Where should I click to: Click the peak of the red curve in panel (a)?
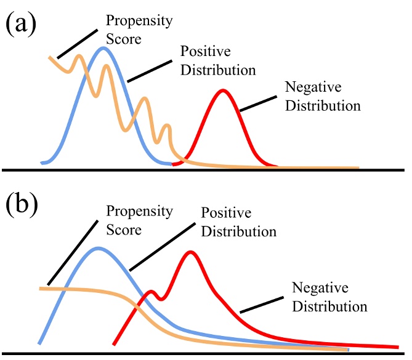[x=223, y=91]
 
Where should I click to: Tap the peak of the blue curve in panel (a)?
[x=103, y=48]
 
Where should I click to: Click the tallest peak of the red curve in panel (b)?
[x=191, y=252]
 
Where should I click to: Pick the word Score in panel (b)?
[x=123, y=231]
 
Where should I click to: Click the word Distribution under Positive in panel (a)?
[x=217, y=70]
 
